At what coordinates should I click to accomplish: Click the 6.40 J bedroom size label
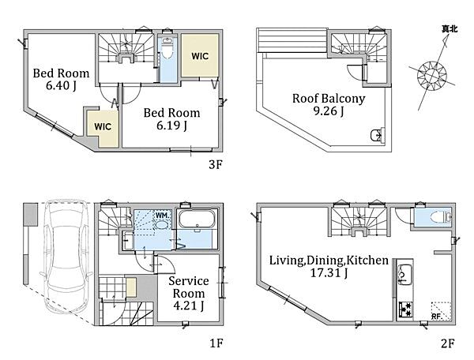coord(61,85)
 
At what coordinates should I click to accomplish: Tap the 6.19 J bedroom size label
coord(171,125)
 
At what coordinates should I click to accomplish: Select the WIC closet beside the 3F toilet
coord(200,55)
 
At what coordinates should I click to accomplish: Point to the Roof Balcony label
coord(329,99)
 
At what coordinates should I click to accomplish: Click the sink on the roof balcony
coord(377,135)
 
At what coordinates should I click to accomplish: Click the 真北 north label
coord(450,29)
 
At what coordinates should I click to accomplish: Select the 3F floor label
coord(216,164)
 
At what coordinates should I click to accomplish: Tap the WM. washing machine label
coord(163,216)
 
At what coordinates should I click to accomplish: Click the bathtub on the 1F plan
coord(197,221)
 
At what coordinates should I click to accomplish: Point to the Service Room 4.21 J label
coord(189,293)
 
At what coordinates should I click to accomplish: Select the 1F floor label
coord(216,343)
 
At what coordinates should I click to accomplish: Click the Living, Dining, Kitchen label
coord(329,261)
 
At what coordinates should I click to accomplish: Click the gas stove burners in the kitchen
coord(405,309)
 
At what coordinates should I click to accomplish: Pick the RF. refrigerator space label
coord(436,317)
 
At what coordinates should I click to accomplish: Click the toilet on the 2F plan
coord(442,217)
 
